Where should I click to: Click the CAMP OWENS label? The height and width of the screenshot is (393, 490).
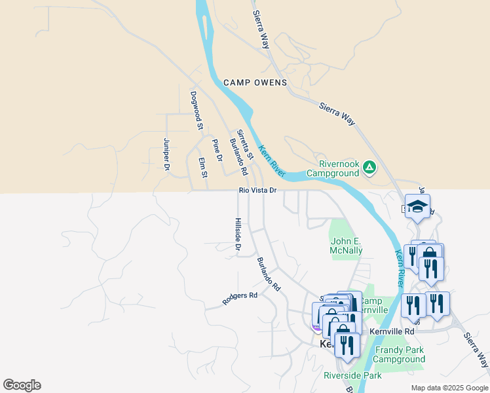pyautogui.click(x=255, y=83)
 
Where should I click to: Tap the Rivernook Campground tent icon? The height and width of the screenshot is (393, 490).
pyautogui.click(x=369, y=168)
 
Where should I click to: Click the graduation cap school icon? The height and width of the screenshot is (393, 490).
pyautogui.click(x=417, y=207)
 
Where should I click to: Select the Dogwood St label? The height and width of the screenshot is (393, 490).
pyautogui.click(x=196, y=110)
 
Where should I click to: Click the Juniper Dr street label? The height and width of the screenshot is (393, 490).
pyautogui.click(x=167, y=155)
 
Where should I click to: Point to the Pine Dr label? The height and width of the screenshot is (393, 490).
pyautogui.click(x=217, y=150)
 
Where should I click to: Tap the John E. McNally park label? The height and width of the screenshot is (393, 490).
pyautogui.click(x=345, y=245)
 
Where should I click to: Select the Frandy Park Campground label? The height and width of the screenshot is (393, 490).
pyautogui.click(x=399, y=354)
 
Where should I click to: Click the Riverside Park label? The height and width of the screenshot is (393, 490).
pyautogui.click(x=352, y=375)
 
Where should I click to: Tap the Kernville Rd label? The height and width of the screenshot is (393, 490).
pyautogui.click(x=392, y=331)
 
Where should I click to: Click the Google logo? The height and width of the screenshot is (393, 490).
pyautogui.click(x=22, y=385)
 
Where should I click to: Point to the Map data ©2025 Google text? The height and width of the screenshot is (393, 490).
pyautogui.click(x=449, y=388)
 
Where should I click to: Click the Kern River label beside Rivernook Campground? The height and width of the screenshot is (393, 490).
pyautogui.click(x=272, y=160)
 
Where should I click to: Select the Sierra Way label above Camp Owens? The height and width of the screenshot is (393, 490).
pyautogui.click(x=261, y=29)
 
